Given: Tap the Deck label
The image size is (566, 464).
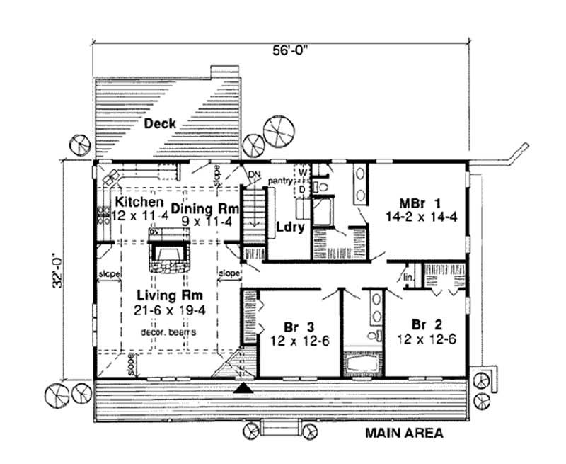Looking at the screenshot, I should point(161,123).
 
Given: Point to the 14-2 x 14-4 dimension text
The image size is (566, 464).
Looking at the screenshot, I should point(420,217).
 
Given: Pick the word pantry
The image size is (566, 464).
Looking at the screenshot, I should point(280,182).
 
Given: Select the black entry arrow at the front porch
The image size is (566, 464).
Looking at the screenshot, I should point(244,387).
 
